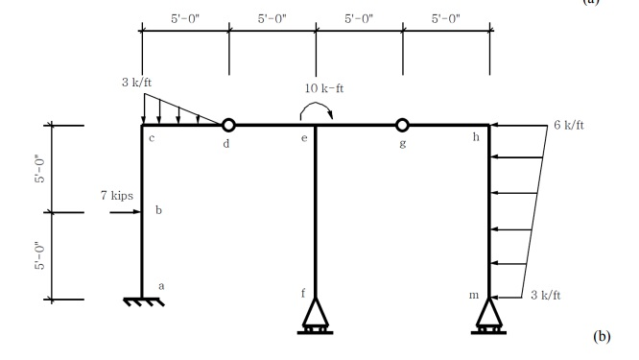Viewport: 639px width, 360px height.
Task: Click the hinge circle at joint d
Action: pos(228,125)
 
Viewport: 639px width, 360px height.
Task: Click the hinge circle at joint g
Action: pos(402,125)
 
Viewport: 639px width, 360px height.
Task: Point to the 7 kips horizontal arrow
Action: pos(126,211)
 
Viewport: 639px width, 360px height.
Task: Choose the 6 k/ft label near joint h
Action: pos(568,126)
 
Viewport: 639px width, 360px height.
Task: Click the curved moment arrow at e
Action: pos(316,111)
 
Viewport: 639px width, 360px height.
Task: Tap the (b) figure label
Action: pos(602,336)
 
